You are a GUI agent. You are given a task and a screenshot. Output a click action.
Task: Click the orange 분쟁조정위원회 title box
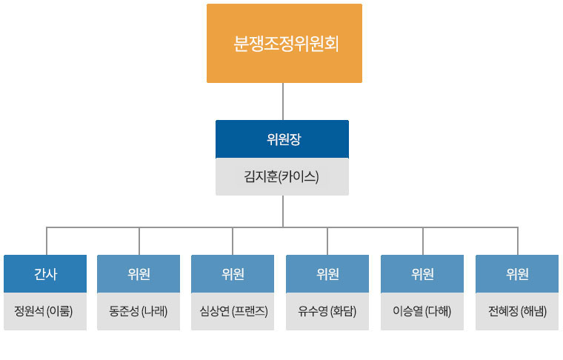click(284, 44)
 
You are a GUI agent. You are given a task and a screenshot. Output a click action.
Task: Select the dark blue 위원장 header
click(282, 139)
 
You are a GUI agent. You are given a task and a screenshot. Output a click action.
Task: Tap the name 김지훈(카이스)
click(281, 176)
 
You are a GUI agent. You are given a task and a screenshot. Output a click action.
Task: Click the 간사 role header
click(45, 274)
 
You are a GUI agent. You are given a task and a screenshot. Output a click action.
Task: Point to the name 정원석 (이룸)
click(44, 311)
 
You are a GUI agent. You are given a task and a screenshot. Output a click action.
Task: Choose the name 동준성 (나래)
click(139, 311)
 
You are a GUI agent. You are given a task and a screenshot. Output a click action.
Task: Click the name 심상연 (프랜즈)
click(234, 311)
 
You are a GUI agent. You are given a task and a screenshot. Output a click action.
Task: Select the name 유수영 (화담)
click(327, 311)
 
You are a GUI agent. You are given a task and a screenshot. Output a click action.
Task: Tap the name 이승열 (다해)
click(422, 311)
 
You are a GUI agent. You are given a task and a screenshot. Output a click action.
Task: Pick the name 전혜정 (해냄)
click(517, 311)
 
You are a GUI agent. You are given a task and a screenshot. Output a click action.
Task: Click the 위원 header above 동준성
click(139, 274)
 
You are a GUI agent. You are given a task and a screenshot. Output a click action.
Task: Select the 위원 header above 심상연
click(233, 274)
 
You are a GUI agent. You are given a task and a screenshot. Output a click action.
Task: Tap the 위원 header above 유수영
click(327, 274)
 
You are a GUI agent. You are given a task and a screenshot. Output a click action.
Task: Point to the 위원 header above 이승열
click(422, 274)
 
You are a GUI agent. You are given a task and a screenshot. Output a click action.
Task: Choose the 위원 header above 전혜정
click(517, 274)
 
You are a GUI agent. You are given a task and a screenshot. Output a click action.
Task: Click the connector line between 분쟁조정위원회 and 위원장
click(283, 101)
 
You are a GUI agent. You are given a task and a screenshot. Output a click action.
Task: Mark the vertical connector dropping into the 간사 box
click(47, 241)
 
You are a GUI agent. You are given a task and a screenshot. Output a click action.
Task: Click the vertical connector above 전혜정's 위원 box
click(518, 241)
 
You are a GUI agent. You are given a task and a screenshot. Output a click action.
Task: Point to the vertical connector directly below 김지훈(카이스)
click(283, 211)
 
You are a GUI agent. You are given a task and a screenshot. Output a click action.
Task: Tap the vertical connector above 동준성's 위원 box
click(139, 241)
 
